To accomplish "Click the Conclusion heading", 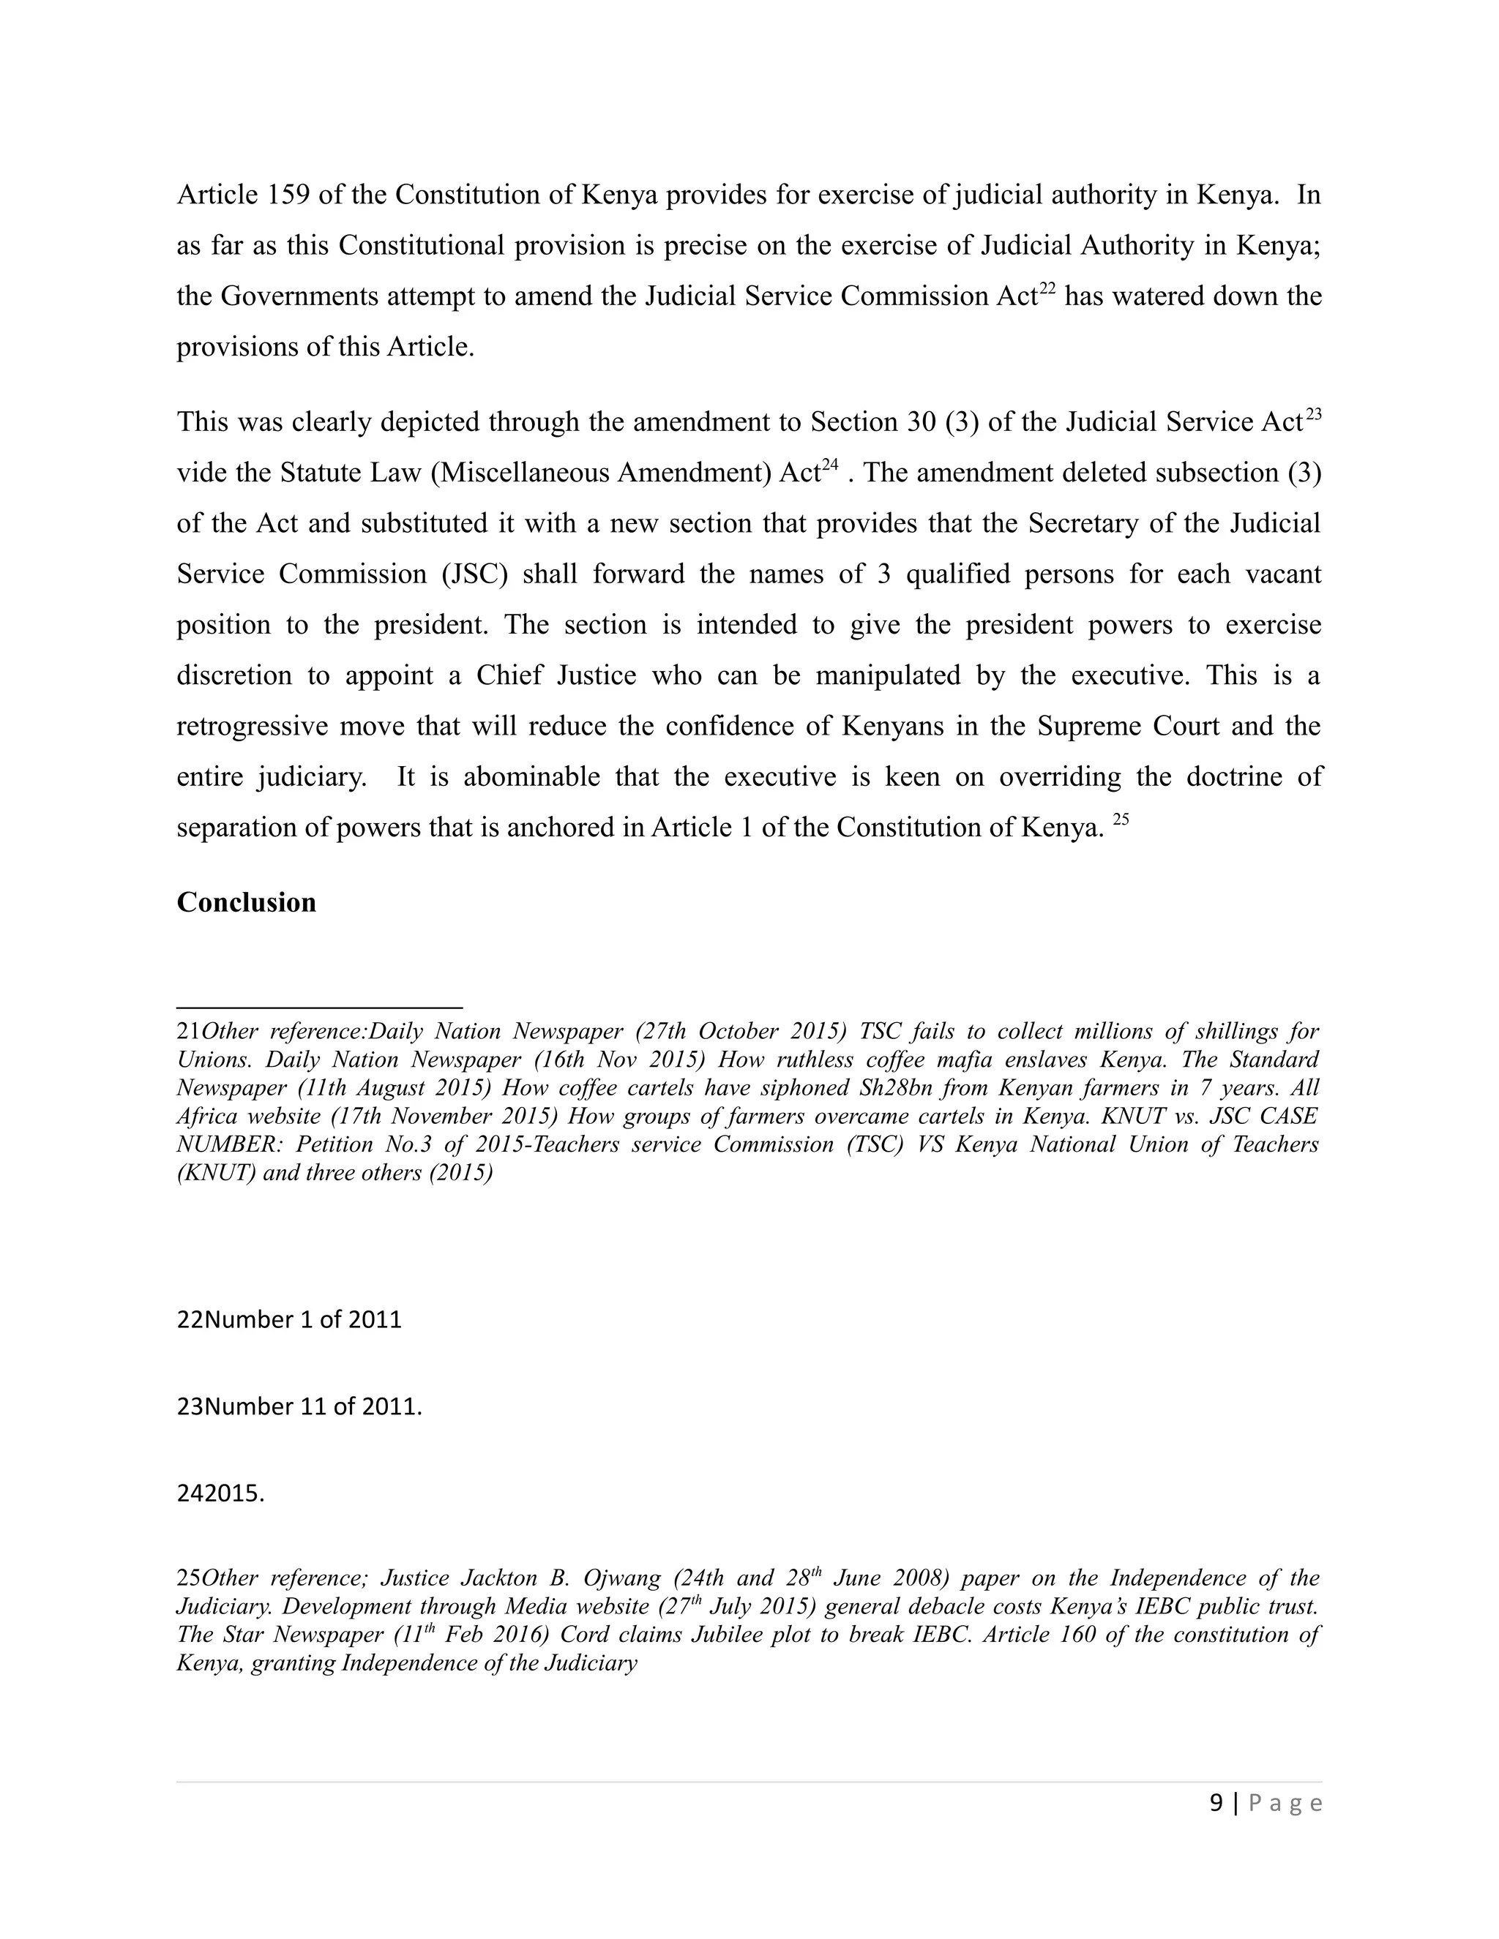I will point(246,902).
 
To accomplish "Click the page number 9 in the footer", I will point(1216,1803).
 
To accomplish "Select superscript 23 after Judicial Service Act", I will point(1312,413).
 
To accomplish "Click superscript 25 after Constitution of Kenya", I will point(1120,820).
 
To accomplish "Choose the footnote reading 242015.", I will point(220,1494).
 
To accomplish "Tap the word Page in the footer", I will point(1285,1803).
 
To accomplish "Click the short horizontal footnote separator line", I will point(320,1008).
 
